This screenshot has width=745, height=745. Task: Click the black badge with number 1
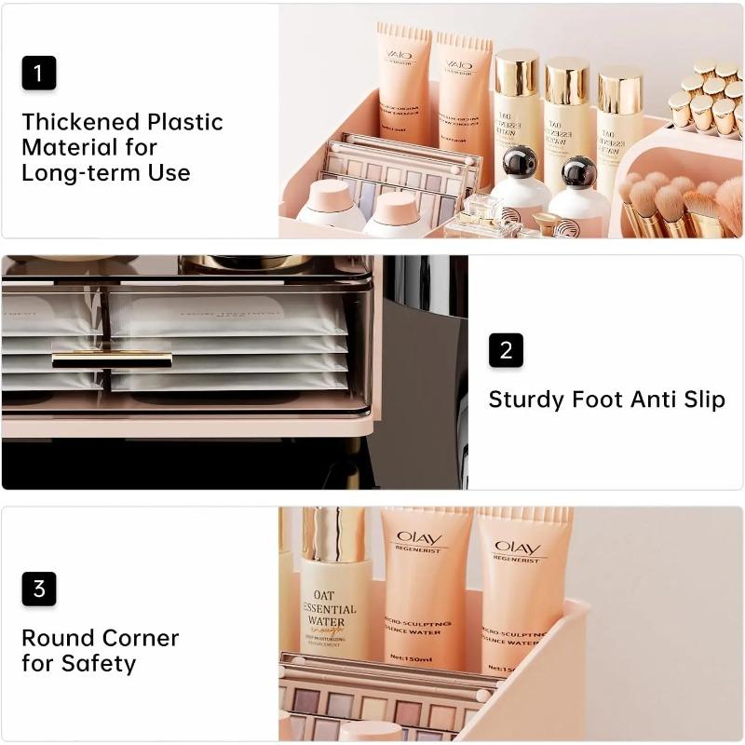pyautogui.click(x=39, y=74)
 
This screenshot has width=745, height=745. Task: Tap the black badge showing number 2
pyautogui.click(x=506, y=350)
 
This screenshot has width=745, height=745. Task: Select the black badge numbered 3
pyautogui.click(x=39, y=589)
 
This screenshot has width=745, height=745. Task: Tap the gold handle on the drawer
pyautogui.click(x=112, y=359)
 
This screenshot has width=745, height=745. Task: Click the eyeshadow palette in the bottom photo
pyautogui.click(x=382, y=703)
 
